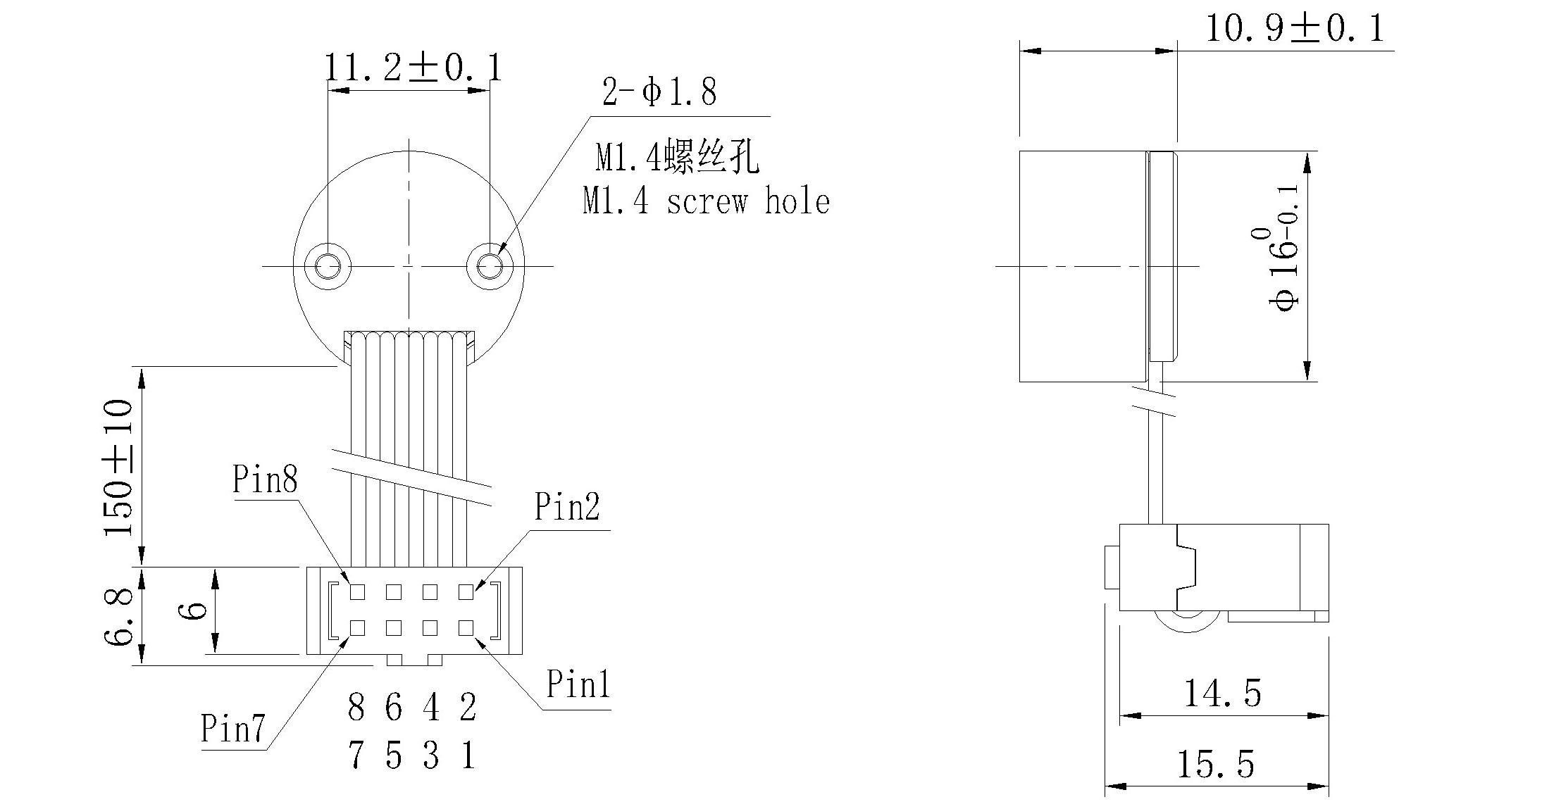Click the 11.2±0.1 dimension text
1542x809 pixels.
[413, 68]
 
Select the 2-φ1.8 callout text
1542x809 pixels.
[659, 92]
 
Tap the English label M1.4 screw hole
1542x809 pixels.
[706, 202]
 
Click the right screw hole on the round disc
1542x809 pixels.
[490, 267]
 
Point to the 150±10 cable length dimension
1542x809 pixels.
[118, 468]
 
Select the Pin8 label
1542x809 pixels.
[265, 480]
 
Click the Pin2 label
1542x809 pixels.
[566, 507]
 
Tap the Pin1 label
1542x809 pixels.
[578, 684]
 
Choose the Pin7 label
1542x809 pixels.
[232, 729]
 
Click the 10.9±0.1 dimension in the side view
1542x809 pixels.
[1295, 30]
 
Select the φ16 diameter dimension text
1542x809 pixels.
[1284, 268]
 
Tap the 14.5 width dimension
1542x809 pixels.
[1222, 694]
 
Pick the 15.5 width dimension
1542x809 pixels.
[1216, 765]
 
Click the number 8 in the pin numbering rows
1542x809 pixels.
[356, 708]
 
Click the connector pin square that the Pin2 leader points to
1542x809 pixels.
[466, 592]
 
